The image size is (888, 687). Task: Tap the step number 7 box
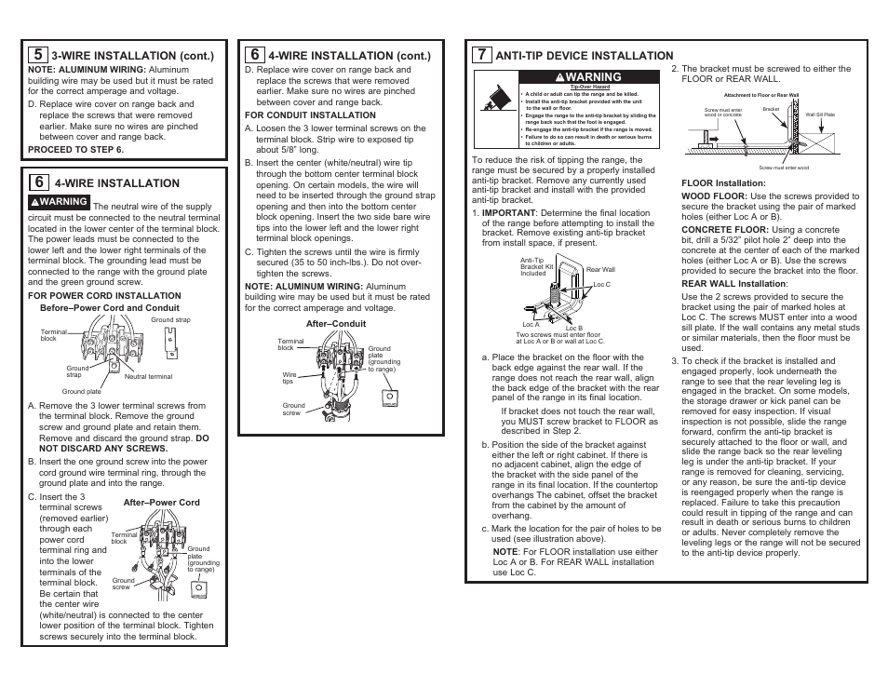click(480, 55)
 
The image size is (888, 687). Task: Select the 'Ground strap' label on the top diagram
click(170, 319)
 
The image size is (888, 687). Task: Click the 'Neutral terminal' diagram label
click(149, 376)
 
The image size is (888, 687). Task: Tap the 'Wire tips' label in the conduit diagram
click(289, 378)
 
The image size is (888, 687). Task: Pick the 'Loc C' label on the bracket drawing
click(601, 284)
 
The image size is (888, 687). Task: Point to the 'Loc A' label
click(531, 325)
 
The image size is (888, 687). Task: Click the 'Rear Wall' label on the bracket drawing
click(600, 269)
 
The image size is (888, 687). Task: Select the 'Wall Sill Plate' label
click(820, 114)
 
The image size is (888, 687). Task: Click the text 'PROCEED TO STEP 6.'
click(75, 149)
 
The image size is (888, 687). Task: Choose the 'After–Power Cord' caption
click(161, 503)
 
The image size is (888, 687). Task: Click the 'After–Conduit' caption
click(323, 323)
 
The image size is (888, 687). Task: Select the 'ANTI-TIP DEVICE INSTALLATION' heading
click(584, 56)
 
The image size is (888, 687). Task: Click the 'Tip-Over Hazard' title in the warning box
click(584, 87)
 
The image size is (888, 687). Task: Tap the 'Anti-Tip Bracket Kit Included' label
click(536, 267)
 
